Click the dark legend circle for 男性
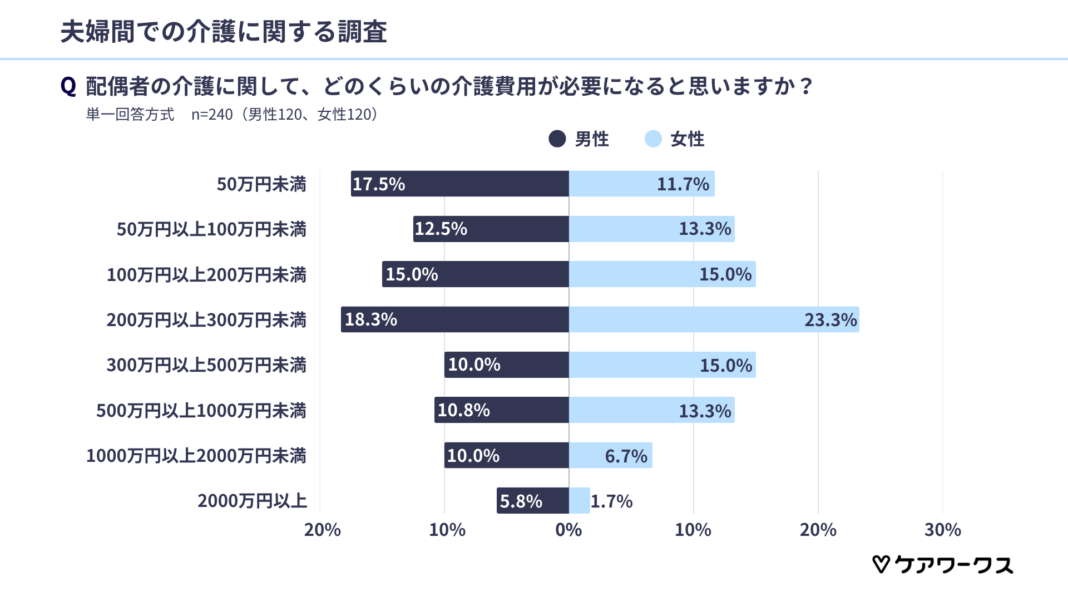click(x=557, y=139)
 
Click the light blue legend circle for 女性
click(x=653, y=139)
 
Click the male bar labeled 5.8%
click(x=532, y=501)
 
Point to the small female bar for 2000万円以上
click(x=579, y=501)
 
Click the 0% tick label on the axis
click(x=568, y=530)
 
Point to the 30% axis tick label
click(x=942, y=530)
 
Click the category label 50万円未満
click(x=261, y=184)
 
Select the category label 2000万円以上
click(x=252, y=501)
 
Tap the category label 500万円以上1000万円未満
click(x=201, y=411)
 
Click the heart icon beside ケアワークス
click(x=881, y=564)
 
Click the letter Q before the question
click(x=68, y=87)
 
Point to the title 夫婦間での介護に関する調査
click(x=224, y=32)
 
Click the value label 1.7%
click(x=611, y=501)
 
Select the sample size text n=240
click(x=212, y=115)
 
